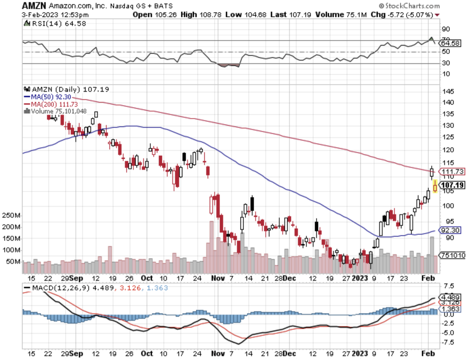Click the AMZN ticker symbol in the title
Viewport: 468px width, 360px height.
(x=34, y=6)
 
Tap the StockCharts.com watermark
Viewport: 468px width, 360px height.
(x=409, y=6)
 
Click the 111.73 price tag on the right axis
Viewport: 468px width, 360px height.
(x=452, y=172)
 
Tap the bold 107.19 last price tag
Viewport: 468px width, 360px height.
(x=452, y=185)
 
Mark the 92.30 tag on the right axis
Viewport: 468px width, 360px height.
(x=450, y=230)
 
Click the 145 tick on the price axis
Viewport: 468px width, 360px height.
(x=448, y=91)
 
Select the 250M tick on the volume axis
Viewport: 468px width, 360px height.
(x=11, y=215)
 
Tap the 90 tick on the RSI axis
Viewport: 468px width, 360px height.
(x=446, y=29)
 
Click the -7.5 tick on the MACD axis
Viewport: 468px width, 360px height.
(x=448, y=342)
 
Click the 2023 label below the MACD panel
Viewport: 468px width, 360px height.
(x=360, y=353)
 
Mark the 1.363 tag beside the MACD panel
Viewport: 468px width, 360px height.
(x=450, y=309)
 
